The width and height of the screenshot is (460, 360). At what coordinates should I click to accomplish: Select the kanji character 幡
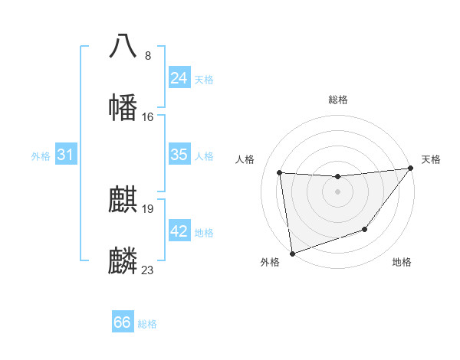pos(123,107)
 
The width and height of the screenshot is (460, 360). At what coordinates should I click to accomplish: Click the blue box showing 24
pos(179,78)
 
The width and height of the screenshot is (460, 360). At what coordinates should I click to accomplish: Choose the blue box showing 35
pos(179,155)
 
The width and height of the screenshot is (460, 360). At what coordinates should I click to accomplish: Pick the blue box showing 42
pos(179,231)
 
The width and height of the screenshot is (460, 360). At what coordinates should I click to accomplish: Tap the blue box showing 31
pos(66,155)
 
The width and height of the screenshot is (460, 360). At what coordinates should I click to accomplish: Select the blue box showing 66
pos(123,322)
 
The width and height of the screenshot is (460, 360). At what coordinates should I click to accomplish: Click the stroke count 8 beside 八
pos(148,56)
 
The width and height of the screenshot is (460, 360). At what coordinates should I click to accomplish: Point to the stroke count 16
pos(148,117)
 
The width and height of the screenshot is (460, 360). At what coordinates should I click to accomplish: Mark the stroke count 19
pos(148,208)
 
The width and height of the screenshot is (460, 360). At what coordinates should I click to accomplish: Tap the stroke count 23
pos(148,270)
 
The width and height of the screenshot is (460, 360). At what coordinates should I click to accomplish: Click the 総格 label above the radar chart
pos(338,100)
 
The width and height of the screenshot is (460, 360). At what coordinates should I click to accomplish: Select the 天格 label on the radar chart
pos(431,159)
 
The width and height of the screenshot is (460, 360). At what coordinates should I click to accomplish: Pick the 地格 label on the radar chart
pos(402,263)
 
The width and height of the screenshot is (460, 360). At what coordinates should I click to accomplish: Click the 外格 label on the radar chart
pos(270,263)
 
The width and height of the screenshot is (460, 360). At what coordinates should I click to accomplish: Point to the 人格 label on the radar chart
pos(245,159)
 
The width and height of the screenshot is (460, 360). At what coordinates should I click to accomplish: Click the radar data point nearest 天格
pos(410,169)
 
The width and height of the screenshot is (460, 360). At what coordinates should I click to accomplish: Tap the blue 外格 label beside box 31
pos(41,156)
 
